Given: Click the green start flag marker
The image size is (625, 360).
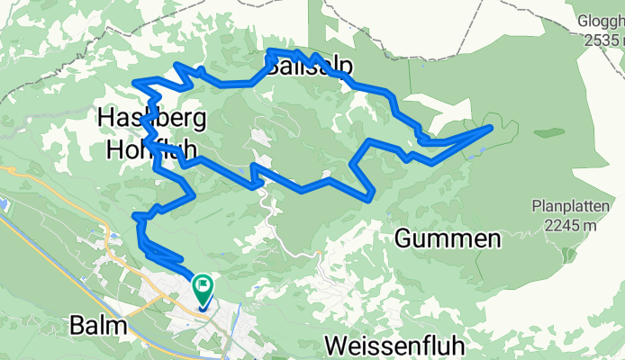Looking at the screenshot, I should tap(204, 290).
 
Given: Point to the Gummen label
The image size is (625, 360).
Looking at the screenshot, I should tap(448, 239).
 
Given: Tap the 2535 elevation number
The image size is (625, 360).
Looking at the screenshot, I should tap(596, 40).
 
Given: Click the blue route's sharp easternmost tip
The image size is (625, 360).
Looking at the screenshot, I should tap(492, 128).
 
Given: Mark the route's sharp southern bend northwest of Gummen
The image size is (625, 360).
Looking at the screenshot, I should tap(370, 196).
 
